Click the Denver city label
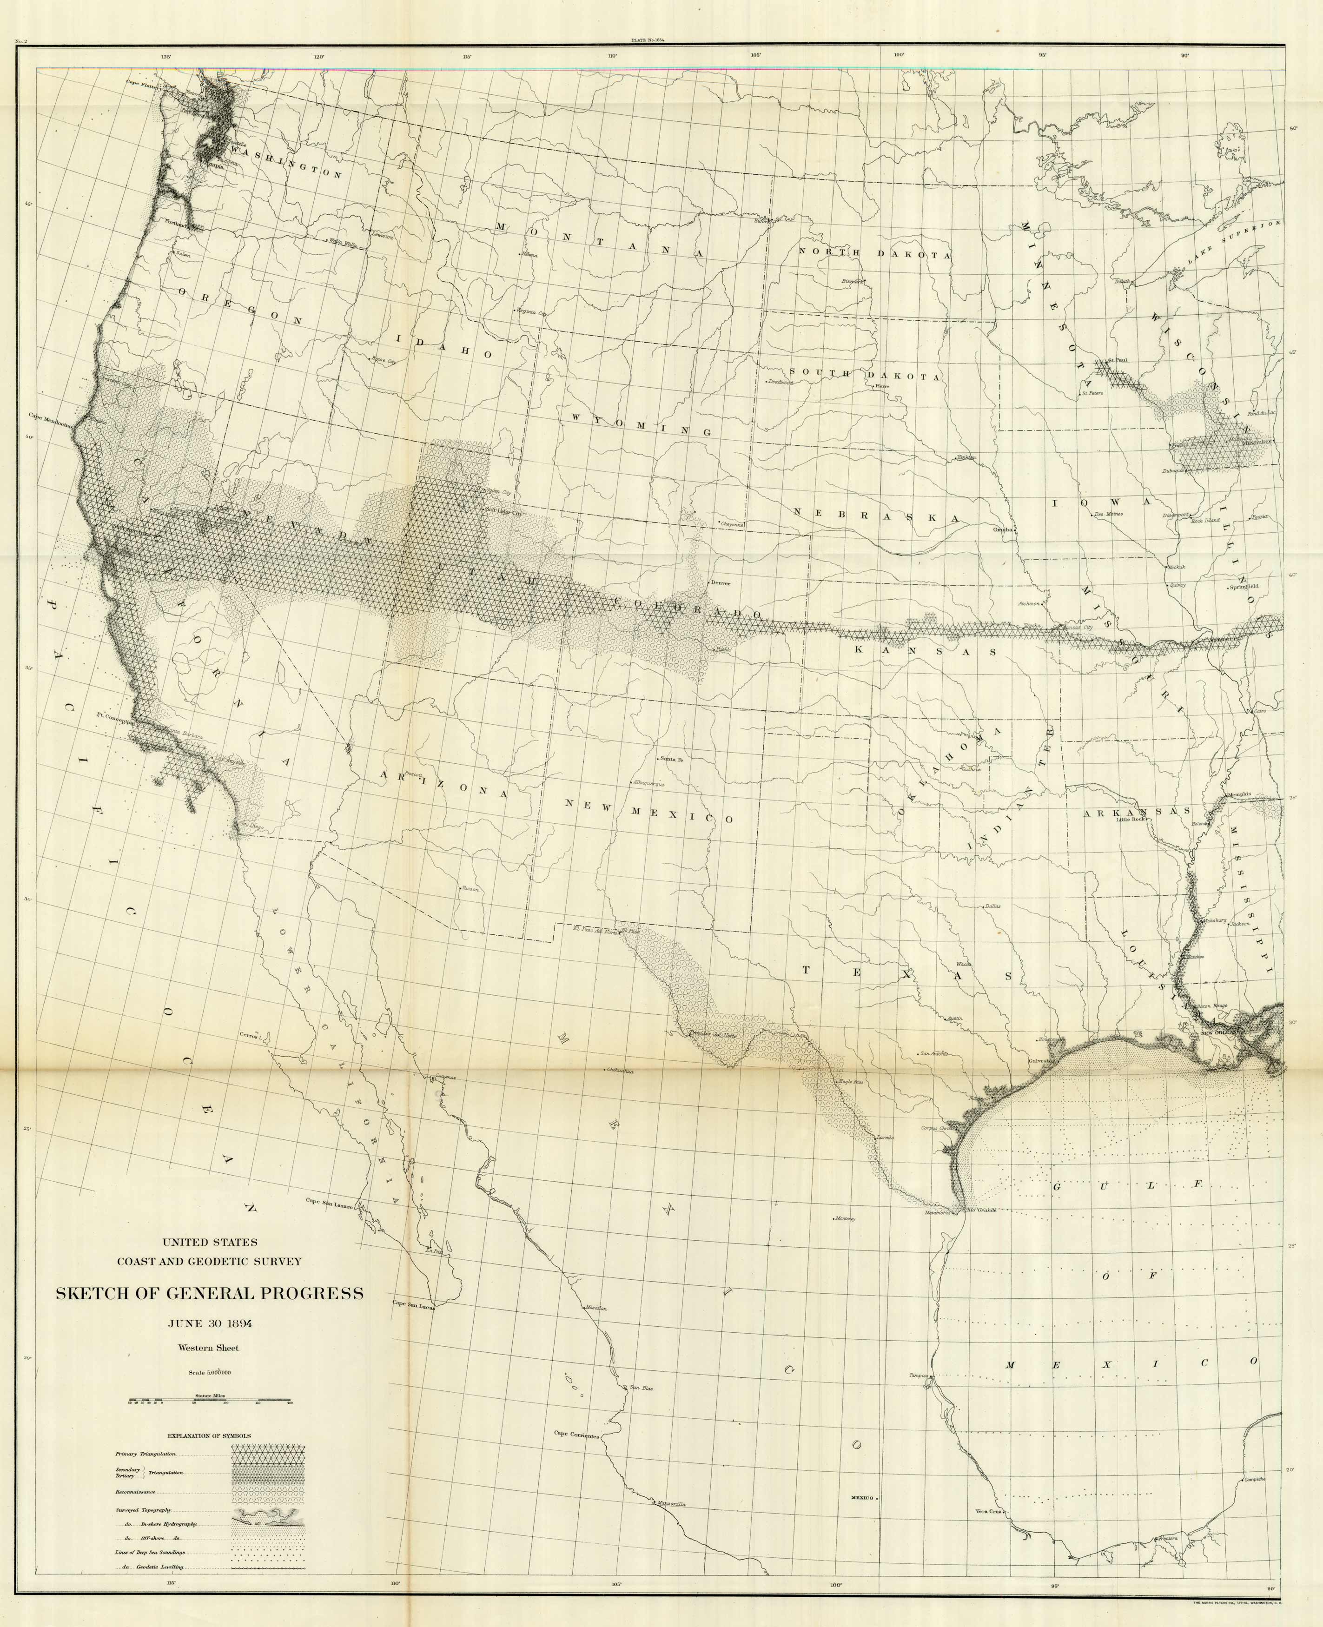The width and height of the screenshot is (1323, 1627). pyautogui.click(x=720, y=583)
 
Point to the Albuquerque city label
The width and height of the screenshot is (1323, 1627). pyautogui.click(x=648, y=783)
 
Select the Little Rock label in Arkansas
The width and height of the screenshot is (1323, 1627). pyautogui.click(x=1132, y=820)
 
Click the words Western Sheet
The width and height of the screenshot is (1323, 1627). pyautogui.click(x=208, y=1347)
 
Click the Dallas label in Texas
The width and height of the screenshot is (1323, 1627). pyautogui.click(x=992, y=907)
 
